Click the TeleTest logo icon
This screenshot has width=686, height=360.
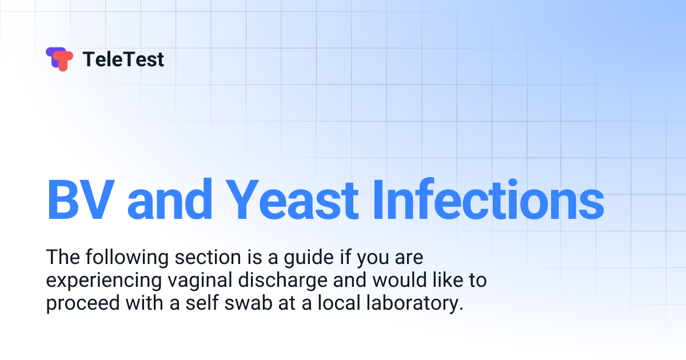click(x=59, y=59)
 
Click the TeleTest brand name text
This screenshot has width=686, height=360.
click(x=123, y=59)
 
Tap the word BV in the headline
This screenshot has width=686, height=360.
click(x=80, y=199)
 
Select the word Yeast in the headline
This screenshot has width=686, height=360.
click(x=295, y=199)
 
